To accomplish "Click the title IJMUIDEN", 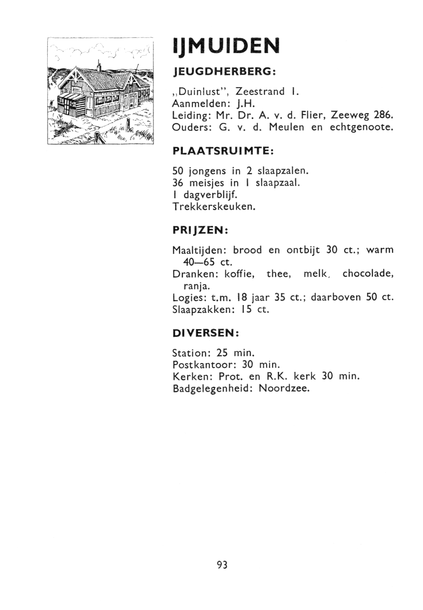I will click(226, 47).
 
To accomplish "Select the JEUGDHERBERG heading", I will click(223, 72).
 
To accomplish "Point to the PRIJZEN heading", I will click(199, 230).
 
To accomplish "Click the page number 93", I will click(222, 565).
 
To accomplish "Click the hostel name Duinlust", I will click(199, 91).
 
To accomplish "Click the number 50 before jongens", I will click(178, 171).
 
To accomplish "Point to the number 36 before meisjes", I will click(178, 183).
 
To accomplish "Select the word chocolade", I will click(368, 274).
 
